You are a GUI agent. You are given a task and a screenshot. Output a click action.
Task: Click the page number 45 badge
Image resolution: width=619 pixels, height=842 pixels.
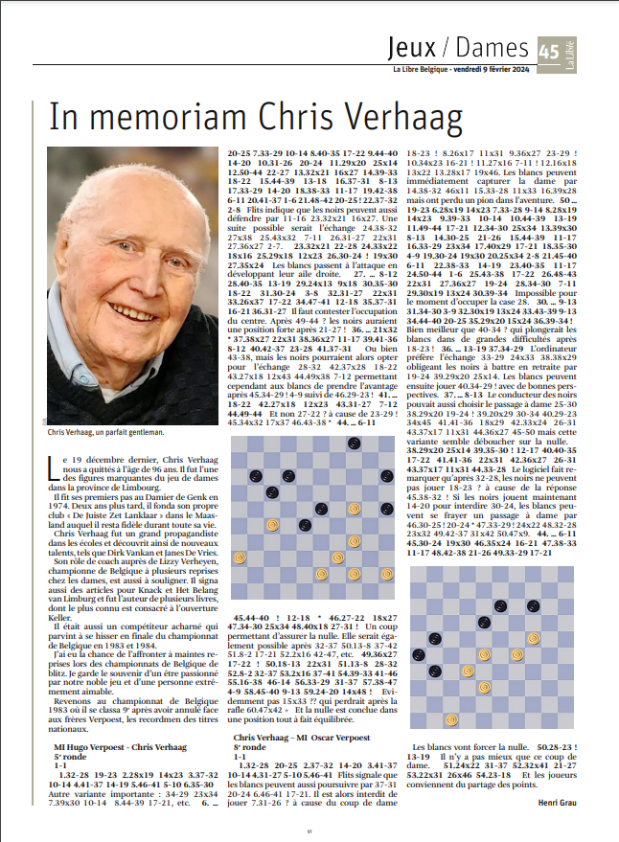click(547, 50)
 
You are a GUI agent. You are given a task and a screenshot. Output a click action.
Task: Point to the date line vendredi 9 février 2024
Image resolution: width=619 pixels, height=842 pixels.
click(487, 69)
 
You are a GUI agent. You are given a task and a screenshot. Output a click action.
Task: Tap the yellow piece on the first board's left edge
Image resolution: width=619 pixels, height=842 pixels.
click(241, 558)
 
